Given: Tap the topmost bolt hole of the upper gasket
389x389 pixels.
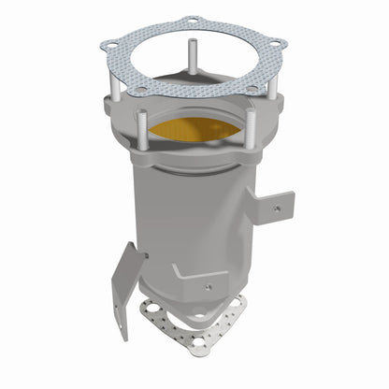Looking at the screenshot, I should coord(192,20).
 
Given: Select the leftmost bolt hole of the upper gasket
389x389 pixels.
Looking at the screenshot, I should coord(111,42).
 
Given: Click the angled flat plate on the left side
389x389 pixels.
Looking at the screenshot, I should coord(127,286).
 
